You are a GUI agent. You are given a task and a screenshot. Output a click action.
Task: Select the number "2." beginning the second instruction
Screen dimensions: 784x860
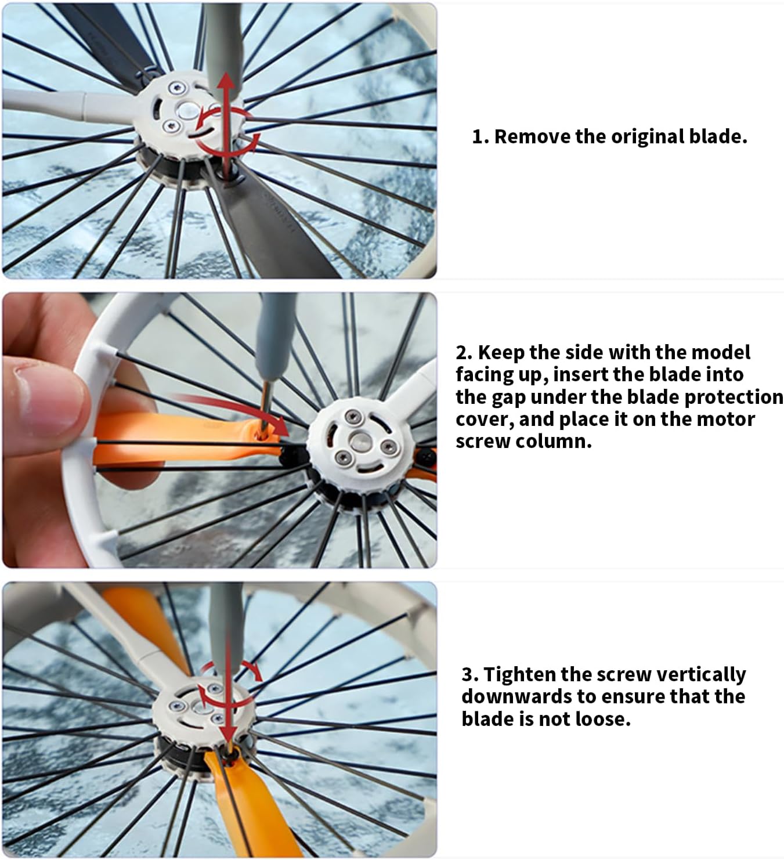[464, 352]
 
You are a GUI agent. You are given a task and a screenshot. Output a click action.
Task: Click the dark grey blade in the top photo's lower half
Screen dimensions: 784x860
[274, 223]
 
